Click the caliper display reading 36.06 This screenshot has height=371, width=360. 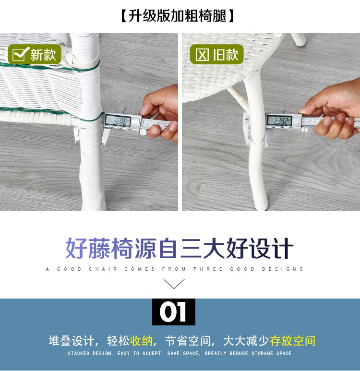pyautogui.click(x=118, y=121)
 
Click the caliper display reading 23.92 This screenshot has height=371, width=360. pyautogui.click(x=279, y=120)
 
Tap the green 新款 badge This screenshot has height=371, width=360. pyautogui.click(x=35, y=54)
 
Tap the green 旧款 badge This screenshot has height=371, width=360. pyautogui.click(x=217, y=54)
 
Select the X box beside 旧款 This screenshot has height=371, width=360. pyautogui.click(x=202, y=55)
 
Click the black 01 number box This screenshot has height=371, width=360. pyautogui.click(x=174, y=312)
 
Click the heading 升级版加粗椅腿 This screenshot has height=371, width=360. pyautogui.click(x=178, y=16)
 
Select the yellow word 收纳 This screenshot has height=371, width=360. pyautogui.click(x=142, y=341)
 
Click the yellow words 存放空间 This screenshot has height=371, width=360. pyautogui.click(x=292, y=341)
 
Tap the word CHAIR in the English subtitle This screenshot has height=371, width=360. pyautogui.click(x=103, y=269)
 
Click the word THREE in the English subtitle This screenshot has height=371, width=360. pyautogui.click(x=208, y=269)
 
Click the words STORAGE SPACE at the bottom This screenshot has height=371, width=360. pyautogui.click(x=272, y=354)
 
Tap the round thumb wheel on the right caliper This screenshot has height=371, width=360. pyautogui.click(x=304, y=130)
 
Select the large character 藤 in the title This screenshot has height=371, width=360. pyautogui.click(x=99, y=249)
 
